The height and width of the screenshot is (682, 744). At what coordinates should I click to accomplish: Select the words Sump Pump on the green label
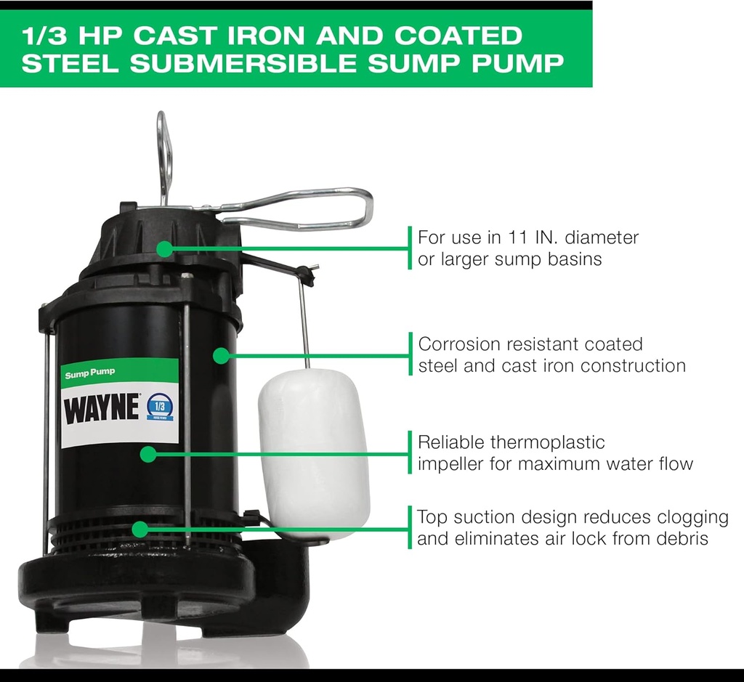coord(89,373)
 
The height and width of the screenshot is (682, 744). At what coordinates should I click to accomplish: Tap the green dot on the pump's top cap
coord(165,249)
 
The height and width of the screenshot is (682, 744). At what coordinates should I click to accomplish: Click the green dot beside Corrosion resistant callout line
coord(220,355)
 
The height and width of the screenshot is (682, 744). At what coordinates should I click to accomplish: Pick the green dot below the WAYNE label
coord(147,455)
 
